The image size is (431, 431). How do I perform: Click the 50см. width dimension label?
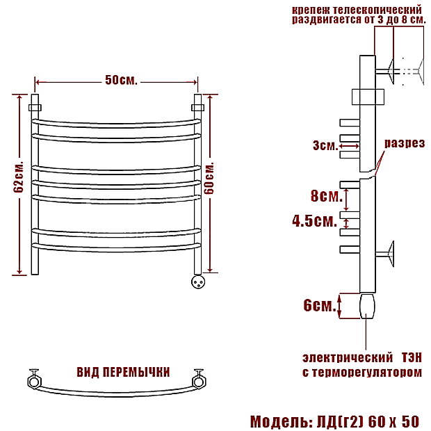(121, 80)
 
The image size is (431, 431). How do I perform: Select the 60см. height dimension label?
(209, 179)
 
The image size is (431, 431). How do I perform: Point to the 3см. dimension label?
(325, 145)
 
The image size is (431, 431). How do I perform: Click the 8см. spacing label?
(327, 196)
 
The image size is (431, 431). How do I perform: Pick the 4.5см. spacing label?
(314, 221)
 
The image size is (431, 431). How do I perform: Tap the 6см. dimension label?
(320, 305)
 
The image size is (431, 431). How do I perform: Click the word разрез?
(405, 143)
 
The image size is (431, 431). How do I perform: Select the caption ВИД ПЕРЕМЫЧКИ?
(123, 372)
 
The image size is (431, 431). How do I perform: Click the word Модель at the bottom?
(279, 421)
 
